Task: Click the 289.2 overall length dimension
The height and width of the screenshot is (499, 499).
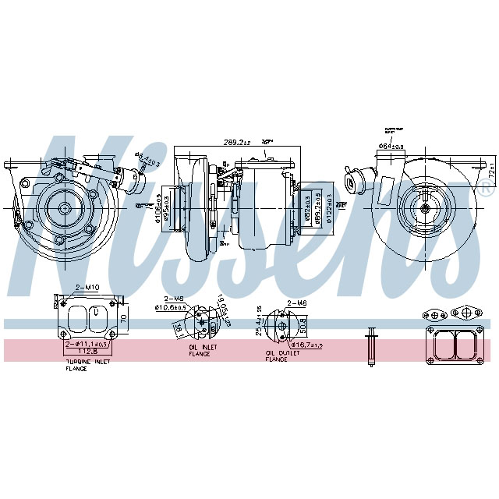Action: (237, 143)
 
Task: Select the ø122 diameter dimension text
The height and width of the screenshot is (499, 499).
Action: (329, 207)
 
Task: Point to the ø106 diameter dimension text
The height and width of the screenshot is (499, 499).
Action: (158, 207)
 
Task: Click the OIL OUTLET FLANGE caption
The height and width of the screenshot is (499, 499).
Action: (276, 356)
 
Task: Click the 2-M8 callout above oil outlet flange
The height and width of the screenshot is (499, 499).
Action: (296, 303)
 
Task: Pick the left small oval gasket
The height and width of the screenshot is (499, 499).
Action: (432, 316)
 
